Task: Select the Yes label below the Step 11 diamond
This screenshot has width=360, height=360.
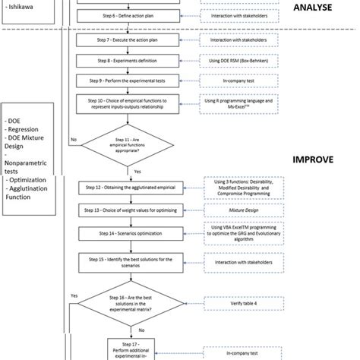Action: (x=137, y=172)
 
